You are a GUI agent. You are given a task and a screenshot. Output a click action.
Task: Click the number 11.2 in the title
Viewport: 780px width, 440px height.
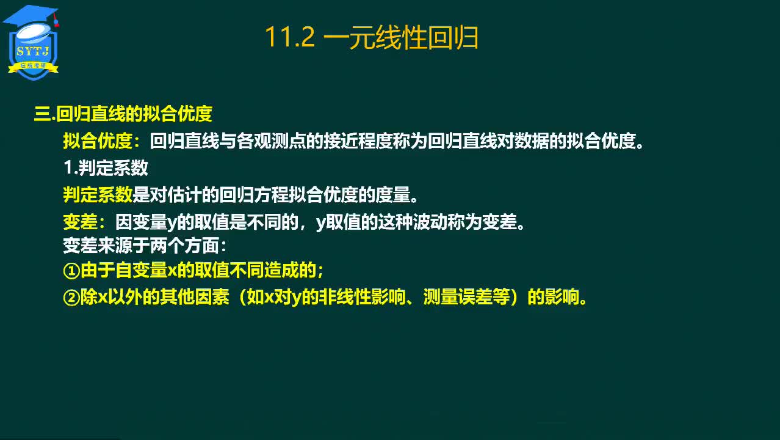tap(290, 37)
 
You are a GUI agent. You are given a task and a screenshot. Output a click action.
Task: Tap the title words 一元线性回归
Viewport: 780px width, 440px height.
tap(401, 37)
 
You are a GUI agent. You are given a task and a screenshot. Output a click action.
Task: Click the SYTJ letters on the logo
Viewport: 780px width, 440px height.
tap(33, 51)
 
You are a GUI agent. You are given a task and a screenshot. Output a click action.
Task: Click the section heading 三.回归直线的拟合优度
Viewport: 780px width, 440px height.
tap(123, 114)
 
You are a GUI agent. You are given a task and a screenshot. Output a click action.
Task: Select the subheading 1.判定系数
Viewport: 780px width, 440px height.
tap(106, 167)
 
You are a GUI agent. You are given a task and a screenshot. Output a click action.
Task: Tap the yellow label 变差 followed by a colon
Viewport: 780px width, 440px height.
tap(84, 222)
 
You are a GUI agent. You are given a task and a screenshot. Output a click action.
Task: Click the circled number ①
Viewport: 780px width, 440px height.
tap(72, 271)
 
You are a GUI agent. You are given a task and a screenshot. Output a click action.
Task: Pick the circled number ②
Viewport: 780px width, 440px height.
tap(72, 298)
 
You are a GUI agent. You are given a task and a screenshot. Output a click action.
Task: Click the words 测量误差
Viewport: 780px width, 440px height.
tap(458, 297)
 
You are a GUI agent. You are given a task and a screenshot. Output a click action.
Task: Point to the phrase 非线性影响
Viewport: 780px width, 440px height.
tap(362, 297)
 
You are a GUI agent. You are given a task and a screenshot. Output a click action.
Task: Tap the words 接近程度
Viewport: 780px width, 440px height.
tap(358, 141)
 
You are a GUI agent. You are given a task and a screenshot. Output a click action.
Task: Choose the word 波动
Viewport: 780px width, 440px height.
tap(430, 222)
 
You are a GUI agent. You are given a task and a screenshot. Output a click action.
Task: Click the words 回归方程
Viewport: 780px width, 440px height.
tap(254, 194)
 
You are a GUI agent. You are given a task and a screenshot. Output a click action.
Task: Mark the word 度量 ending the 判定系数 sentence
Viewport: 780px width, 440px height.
tap(393, 194)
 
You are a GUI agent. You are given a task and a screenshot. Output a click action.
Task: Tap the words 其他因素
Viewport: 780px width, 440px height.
tap(195, 297)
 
